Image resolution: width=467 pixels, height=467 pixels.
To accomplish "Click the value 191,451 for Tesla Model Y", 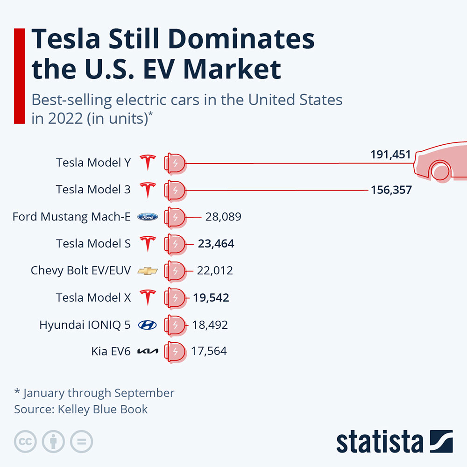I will click(x=390, y=155).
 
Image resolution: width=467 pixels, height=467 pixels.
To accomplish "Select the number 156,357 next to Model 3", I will click(x=391, y=190).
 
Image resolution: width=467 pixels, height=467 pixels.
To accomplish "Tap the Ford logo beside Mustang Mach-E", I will click(x=148, y=217).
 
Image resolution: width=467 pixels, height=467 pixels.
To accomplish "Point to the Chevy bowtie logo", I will click(x=148, y=271).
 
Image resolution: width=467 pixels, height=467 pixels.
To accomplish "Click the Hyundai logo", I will click(x=148, y=325).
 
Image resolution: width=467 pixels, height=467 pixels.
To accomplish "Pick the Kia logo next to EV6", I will click(x=148, y=352).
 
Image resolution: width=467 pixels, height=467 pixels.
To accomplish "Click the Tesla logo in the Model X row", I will click(x=148, y=297).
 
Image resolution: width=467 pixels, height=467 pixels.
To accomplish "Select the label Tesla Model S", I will click(x=93, y=243).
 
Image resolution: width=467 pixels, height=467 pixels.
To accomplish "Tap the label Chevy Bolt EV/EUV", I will click(x=81, y=270).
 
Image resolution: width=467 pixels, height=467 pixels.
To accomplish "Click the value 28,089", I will click(x=223, y=217).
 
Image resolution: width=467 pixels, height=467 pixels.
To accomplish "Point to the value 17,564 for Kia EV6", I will click(x=209, y=351).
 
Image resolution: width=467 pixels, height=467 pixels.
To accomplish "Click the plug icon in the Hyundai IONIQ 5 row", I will click(x=175, y=325).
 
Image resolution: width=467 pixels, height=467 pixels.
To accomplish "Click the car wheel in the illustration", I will click(x=440, y=171).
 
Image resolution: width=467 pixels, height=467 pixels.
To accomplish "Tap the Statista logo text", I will click(x=379, y=441).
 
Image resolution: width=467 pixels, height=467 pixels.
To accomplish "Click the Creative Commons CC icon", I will click(x=26, y=441).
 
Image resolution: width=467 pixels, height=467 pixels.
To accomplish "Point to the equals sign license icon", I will click(x=82, y=441).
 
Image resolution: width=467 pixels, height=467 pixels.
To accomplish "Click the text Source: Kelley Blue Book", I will click(x=81, y=410).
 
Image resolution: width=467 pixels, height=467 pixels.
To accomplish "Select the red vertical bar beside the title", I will click(x=19, y=76).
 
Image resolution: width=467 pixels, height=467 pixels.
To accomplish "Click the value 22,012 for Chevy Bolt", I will click(x=215, y=270).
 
